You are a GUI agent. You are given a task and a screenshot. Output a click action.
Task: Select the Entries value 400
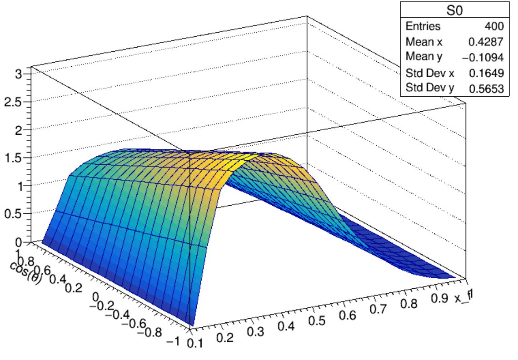click(x=494, y=27)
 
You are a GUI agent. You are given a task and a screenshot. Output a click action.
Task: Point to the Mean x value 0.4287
click(x=486, y=42)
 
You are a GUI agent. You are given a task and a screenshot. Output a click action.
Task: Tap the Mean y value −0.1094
click(x=483, y=58)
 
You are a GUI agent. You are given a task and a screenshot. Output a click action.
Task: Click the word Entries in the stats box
click(x=423, y=27)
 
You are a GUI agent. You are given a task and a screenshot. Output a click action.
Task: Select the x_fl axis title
click(x=463, y=297)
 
